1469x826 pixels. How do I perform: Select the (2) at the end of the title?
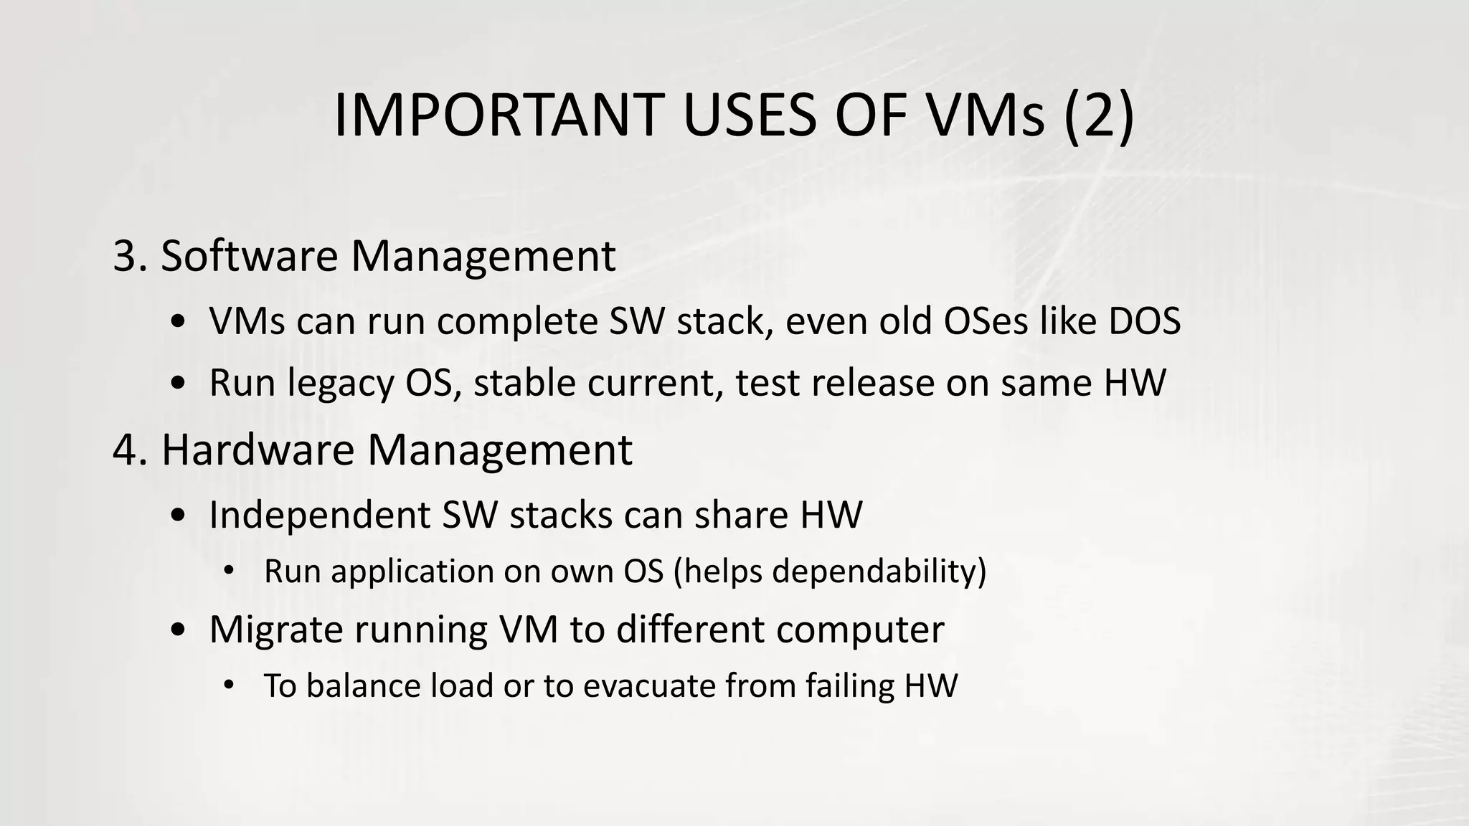[1097, 115]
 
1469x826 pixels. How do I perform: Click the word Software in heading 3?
[248, 256]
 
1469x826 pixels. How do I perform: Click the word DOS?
[1145, 321]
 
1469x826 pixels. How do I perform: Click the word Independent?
[320, 515]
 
